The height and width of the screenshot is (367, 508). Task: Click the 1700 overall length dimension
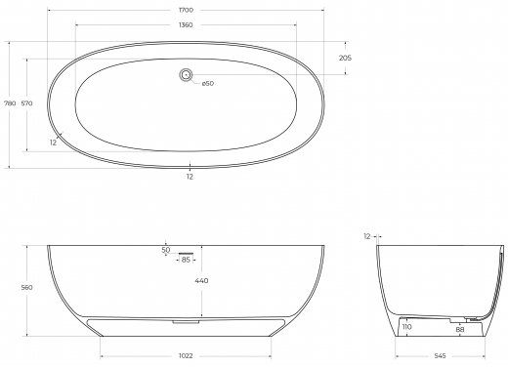click(186, 10)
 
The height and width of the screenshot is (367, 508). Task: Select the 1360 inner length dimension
click(186, 25)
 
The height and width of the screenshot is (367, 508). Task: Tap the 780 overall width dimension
click(10, 103)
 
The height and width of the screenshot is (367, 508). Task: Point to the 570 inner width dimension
click(26, 103)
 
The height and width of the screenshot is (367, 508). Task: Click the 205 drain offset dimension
click(345, 58)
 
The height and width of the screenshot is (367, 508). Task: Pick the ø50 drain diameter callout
click(208, 83)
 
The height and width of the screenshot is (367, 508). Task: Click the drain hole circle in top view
click(186, 75)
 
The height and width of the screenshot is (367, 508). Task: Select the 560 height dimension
click(26, 288)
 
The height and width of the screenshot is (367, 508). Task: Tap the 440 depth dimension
click(202, 280)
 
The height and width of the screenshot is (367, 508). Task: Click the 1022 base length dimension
click(186, 356)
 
